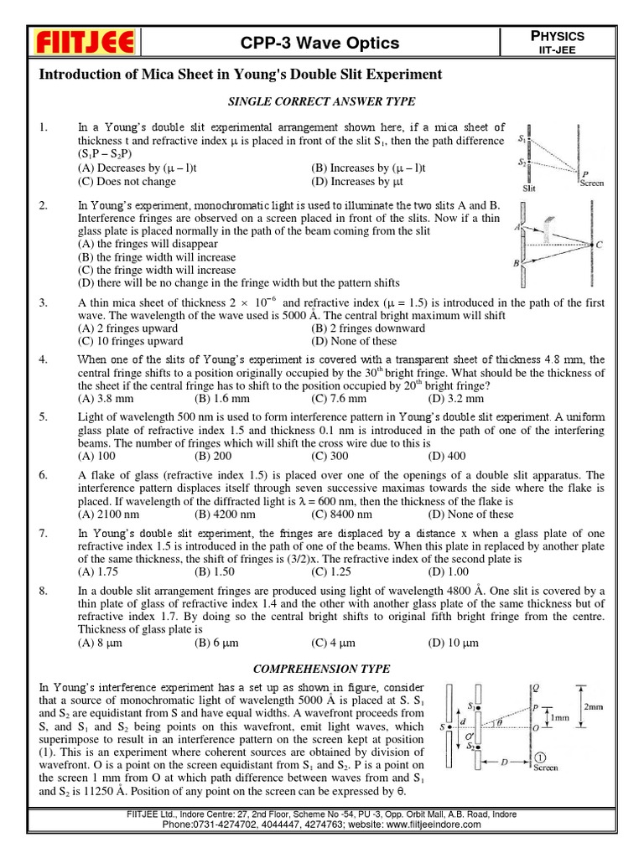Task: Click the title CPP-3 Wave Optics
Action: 321,44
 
